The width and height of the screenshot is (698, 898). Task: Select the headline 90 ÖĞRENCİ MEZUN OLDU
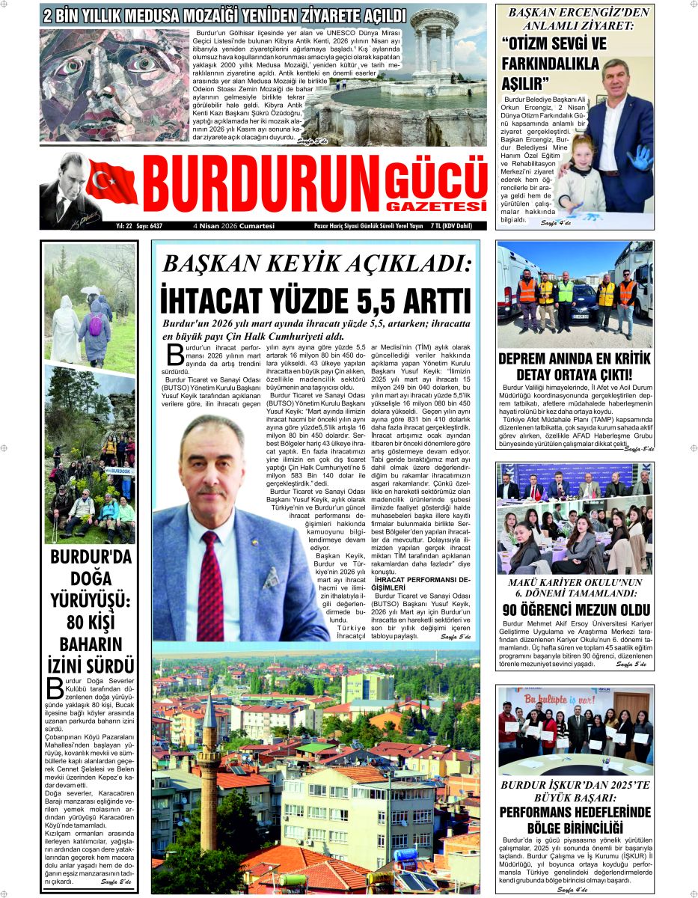[575, 610]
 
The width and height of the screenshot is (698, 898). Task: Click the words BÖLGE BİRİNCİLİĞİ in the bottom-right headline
[575, 828]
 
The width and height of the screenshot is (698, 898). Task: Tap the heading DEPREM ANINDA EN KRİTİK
[575, 358]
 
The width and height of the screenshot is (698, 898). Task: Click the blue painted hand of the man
[639, 157]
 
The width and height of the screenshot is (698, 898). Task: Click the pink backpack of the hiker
[95, 326]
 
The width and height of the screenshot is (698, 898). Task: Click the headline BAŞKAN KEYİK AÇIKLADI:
[317, 263]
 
